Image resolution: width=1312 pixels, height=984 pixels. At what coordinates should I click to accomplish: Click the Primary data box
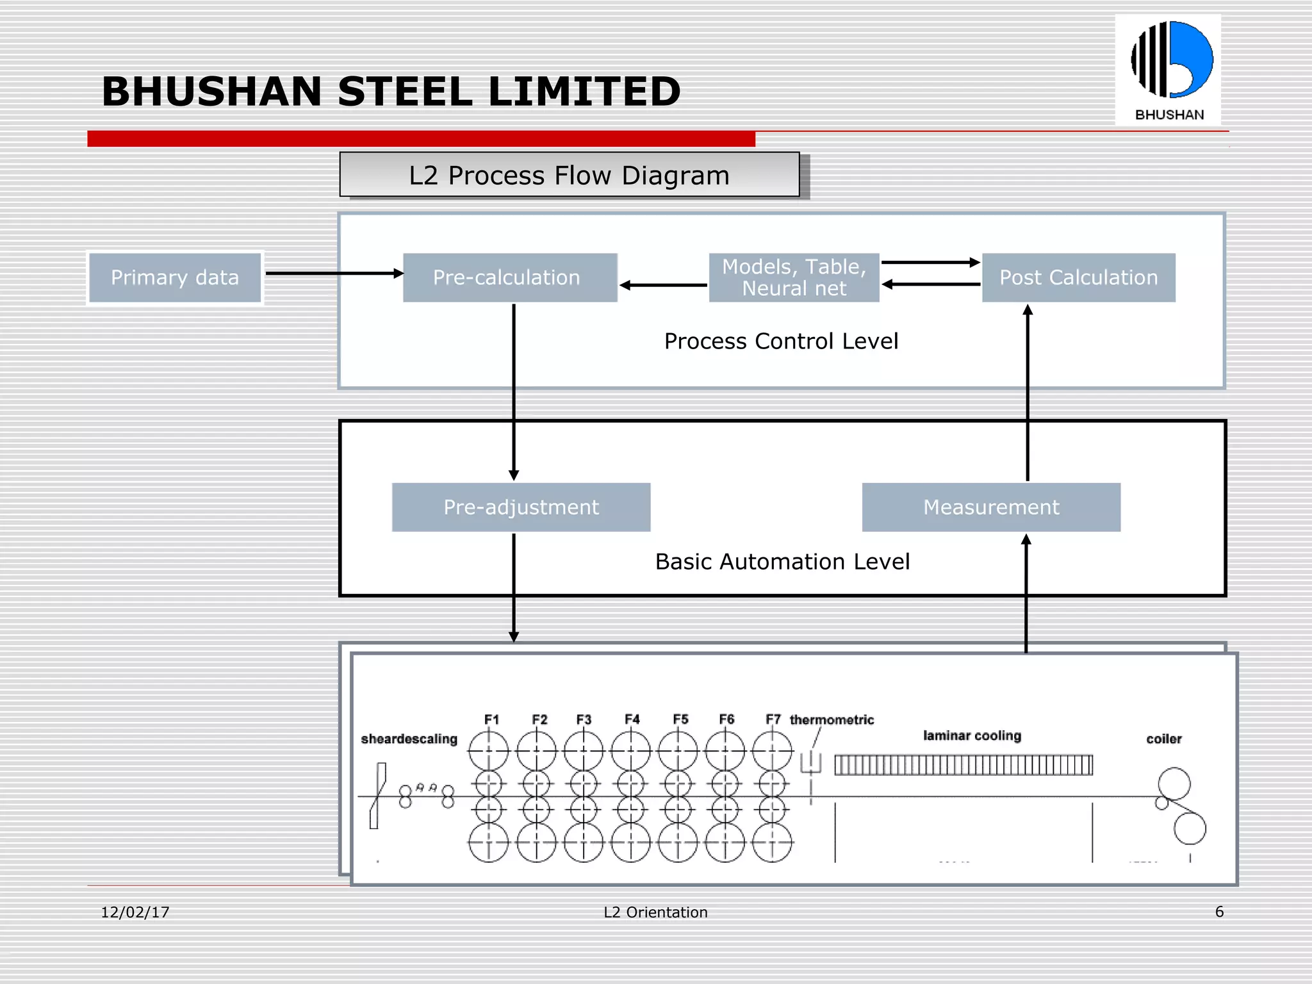[x=175, y=277]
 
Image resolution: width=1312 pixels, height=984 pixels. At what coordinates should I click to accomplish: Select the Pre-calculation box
[x=510, y=277]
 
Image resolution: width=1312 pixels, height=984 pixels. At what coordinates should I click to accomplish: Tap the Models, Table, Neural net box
[x=794, y=277]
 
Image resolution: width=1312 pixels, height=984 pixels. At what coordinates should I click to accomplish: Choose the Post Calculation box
[x=1079, y=277]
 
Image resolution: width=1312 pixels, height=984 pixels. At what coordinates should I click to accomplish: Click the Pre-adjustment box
[x=521, y=507]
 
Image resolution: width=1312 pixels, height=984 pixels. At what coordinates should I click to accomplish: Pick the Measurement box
[x=991, y=507]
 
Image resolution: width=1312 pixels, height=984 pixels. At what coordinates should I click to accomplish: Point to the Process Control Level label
[x=781, y=341]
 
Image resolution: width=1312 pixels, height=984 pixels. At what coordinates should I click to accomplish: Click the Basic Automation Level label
[x=782, y=562]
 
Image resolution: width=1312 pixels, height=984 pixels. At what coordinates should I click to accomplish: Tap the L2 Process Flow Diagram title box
[x=570, y=175]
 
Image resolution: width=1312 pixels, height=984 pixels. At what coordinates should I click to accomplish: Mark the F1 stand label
[x=491, y=719]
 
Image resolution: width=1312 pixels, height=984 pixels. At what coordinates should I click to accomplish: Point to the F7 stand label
[x=773, y=719]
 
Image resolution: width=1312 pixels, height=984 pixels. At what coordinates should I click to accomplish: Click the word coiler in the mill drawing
[x=1163, y=739]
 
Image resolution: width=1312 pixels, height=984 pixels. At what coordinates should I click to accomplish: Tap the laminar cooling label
[x=972, y=735]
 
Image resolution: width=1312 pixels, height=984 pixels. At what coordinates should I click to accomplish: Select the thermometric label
[x=832, y=720]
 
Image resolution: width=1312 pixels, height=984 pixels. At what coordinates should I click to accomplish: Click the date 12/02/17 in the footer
[x=135, y=912]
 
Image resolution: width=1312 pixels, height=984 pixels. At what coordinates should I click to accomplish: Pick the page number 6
[x=1219, y=912]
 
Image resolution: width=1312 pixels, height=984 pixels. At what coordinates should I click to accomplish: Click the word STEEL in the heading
[x=405, y=92]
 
